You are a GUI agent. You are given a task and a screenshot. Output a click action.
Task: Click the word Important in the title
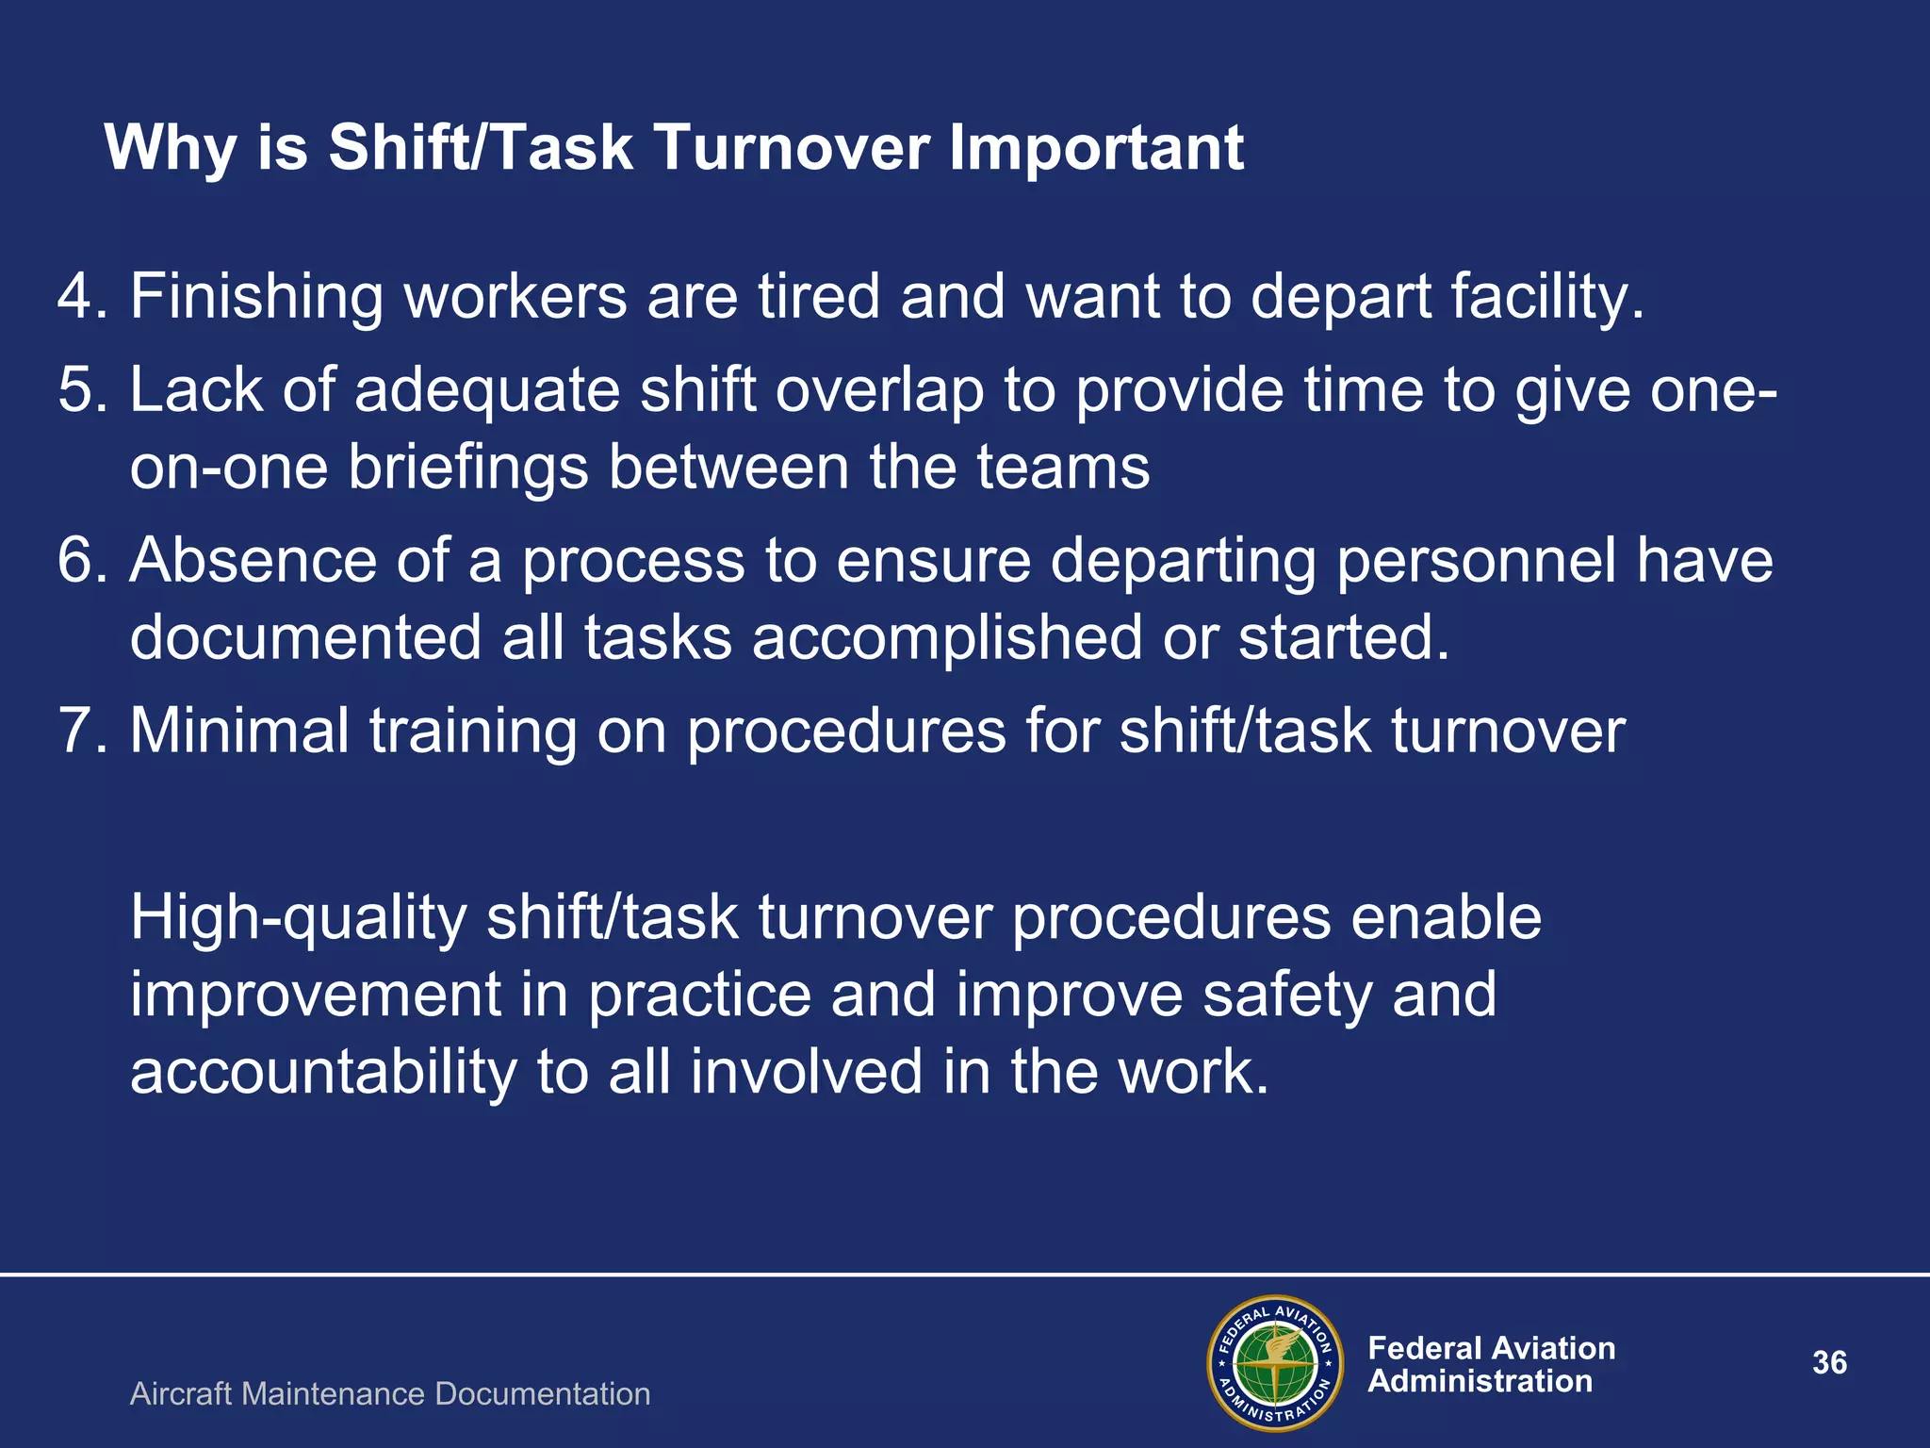1096,148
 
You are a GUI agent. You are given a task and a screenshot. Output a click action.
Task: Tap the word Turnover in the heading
792,148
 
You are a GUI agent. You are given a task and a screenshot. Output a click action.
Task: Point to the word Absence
253,560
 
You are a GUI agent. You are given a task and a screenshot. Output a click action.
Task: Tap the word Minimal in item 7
239,731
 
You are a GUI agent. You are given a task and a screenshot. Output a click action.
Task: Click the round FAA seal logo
1275,1363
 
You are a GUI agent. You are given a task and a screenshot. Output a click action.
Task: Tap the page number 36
1829,1363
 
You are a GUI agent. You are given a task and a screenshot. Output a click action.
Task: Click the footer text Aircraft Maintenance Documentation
390,1393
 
